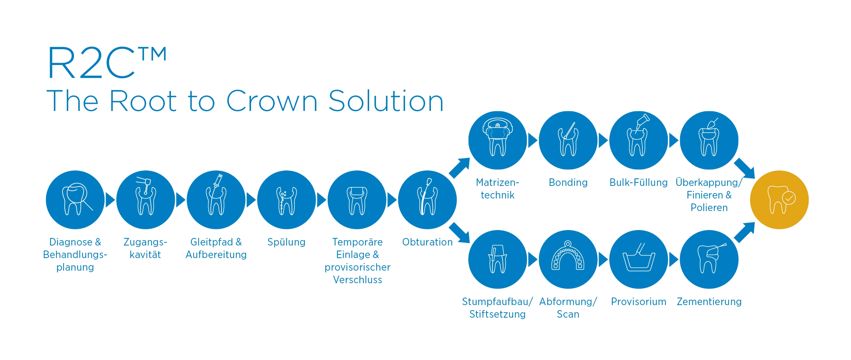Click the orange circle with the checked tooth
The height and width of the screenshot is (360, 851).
[779, 200]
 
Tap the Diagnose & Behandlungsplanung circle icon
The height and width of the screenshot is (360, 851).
[75, 200]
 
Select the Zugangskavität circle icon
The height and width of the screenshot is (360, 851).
[145, 200]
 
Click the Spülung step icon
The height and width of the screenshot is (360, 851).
[287, 200]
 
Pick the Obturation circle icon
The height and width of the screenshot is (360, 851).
[427, 200]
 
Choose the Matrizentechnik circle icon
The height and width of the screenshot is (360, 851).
[498, 140]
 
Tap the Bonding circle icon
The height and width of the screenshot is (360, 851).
[568, 140]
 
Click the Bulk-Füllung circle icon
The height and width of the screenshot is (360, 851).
[638, 140]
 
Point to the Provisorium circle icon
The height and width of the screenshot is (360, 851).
[638, 259]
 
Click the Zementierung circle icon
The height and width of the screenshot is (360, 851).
[709, 259]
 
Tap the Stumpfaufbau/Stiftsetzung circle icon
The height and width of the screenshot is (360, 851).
[498, 259]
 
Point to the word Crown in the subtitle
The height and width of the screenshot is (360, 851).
[272, 101]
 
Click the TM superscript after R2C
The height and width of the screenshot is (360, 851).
[152, 54]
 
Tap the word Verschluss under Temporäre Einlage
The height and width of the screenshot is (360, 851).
[358, 280]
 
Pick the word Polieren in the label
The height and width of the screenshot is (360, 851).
[709, 207]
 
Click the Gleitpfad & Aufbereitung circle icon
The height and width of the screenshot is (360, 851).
[216, 200]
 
